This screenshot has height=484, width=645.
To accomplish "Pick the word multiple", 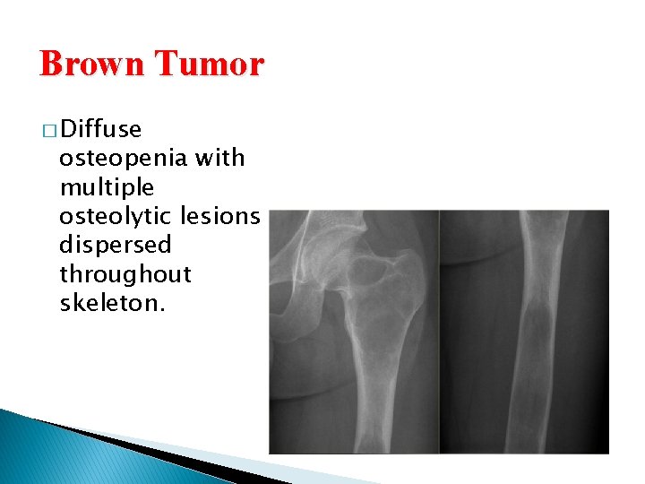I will click(107, 188).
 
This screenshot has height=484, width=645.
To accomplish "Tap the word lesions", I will click(220, 216).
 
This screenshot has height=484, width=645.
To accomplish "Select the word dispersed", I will click(115, 245).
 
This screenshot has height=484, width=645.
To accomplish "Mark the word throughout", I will click(125, 273).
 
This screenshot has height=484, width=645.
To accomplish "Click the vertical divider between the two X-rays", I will click(439, 332).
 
